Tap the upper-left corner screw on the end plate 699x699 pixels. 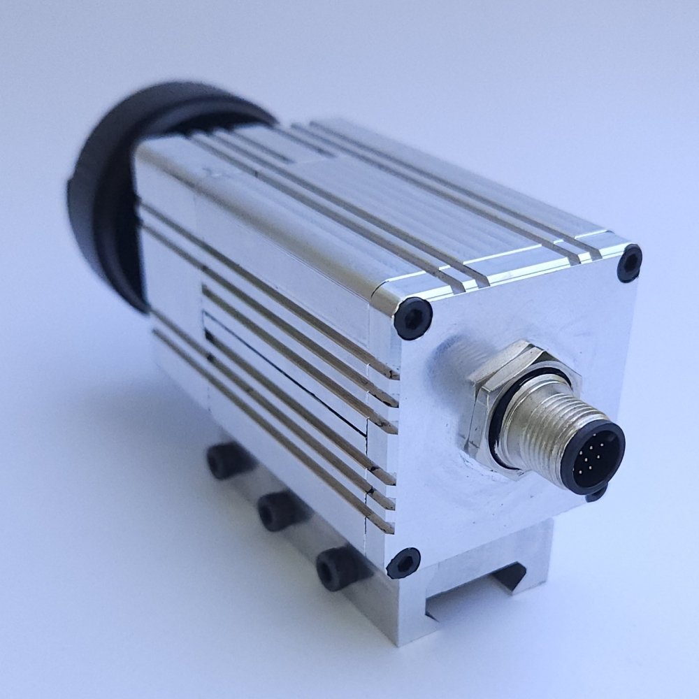tap(412, 318)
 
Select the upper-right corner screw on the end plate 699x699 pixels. tap(630, 264)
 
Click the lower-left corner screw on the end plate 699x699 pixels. tap(404, 563)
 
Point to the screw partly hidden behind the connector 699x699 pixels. tap(596, 494)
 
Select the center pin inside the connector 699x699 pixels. tap(594, 459)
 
